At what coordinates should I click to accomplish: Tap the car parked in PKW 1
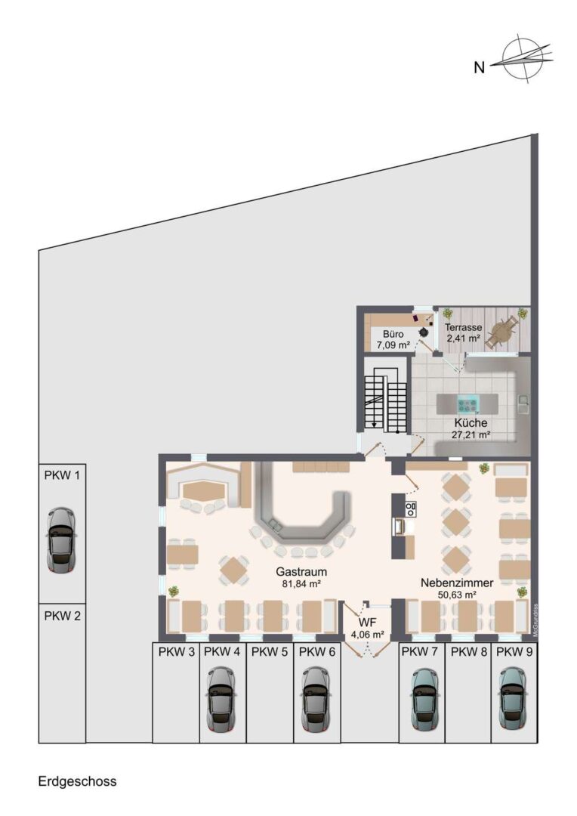tap(61, 539)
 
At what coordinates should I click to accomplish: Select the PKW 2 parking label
tap(62, 617)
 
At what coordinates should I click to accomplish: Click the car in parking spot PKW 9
tap(514, 699)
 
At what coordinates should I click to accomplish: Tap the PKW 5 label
tap(270, 651)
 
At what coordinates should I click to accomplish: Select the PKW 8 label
tap(469, 651)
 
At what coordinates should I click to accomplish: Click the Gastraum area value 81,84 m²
tap(301, 584)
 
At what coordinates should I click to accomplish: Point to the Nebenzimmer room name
tap(457, 583)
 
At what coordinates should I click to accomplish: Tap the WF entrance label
tap(367, 623)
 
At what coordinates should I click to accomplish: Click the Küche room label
tap(471, 423)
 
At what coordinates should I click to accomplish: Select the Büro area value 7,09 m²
tap(393, 345)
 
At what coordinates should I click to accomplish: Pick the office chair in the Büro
tap(424, 331)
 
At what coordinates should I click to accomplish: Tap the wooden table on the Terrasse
tap(501, 332)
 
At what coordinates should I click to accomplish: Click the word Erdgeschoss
tap(77, 781)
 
